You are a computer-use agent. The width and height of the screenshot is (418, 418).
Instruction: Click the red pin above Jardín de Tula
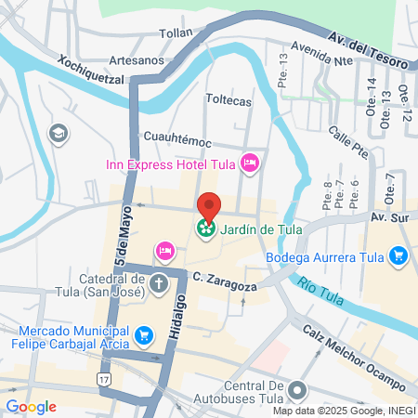(x=209, y=205)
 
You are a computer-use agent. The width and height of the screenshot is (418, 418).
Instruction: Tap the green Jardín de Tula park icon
(x=205, y=226)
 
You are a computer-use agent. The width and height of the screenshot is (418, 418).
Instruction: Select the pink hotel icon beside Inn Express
(x=249, y=165)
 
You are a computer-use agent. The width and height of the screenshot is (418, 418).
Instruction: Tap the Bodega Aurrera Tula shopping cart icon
(x=398, y=255)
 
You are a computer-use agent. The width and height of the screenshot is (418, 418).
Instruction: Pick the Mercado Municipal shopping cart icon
(x=143, y=333)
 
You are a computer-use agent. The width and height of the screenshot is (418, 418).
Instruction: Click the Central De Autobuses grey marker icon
(x=297, y=390)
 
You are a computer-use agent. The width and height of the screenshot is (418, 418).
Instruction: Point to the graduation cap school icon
(x=60, y=134)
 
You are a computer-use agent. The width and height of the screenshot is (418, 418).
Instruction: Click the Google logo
(x=31, y=407)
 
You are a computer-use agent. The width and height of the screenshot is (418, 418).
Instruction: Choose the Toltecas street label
(x=229, y=99)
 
